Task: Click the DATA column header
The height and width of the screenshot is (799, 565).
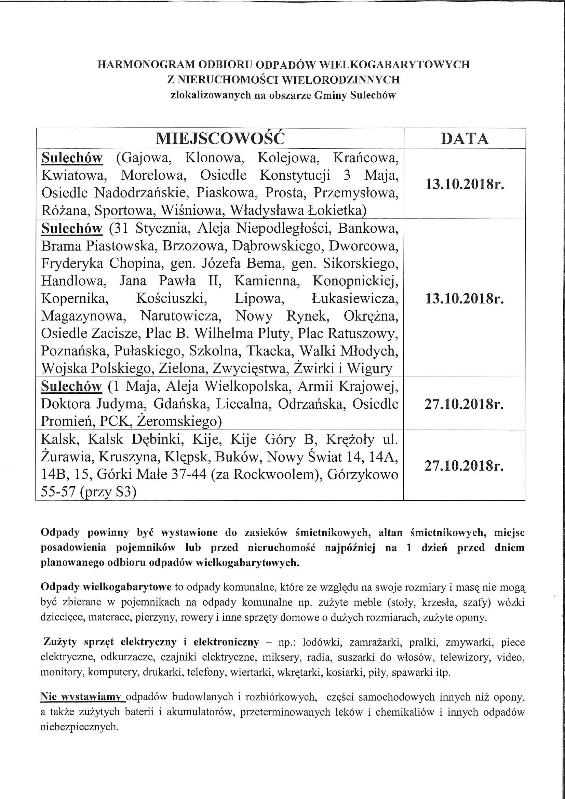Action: point(465,138)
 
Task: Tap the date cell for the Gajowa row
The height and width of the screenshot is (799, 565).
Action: point(465,184)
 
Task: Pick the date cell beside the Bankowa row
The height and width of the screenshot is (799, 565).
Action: point(465,299)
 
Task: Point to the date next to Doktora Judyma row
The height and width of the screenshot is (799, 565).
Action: point(465,404)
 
